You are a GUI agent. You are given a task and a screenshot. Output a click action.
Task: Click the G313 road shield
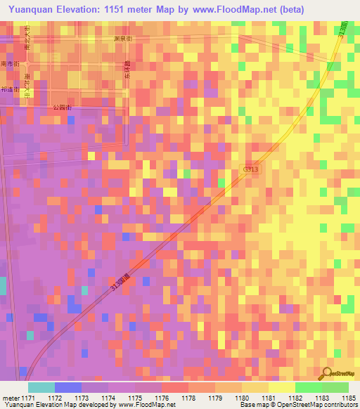tap(252, 170)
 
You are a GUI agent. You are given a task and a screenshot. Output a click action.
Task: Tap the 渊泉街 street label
tap(123, 39)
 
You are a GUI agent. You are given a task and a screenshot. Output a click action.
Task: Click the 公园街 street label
tap(63, 107)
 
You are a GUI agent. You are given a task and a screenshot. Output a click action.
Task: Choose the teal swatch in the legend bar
tap(41, 387)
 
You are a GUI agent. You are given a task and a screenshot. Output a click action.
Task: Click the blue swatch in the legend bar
tap(68, 387)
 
